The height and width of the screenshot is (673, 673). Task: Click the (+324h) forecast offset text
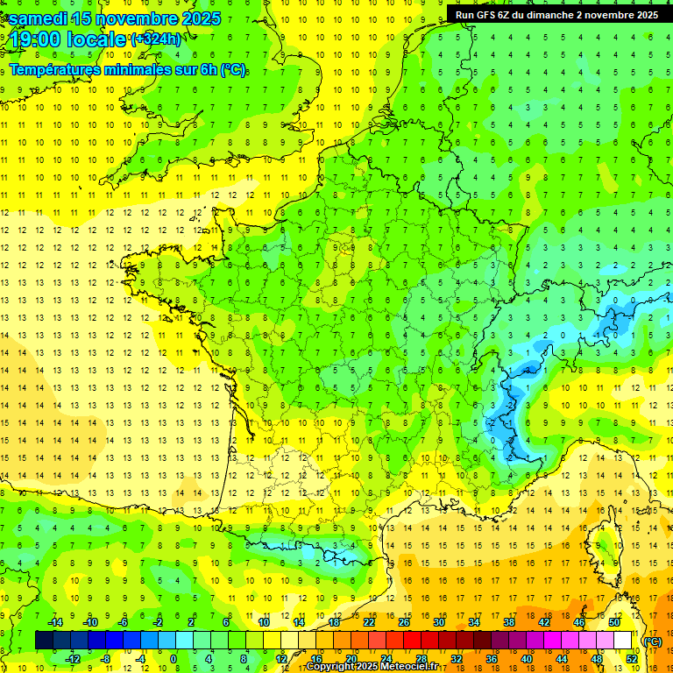tap(156, 39)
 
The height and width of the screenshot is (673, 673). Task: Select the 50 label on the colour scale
tap(613, 622)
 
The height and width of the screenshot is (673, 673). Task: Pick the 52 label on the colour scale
tap(631, 658)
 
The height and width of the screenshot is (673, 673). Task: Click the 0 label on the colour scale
tap(174, 658)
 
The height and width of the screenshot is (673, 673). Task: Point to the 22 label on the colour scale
tap(368, 622)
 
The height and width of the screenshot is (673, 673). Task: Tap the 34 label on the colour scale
tap(473, 622)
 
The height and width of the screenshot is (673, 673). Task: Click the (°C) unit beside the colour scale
tap(652, 641)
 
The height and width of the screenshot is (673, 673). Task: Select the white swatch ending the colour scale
tap(622, 641)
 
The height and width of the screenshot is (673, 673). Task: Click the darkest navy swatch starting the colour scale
tap(44, 641)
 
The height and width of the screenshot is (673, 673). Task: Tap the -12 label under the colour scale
tap(74, 658)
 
